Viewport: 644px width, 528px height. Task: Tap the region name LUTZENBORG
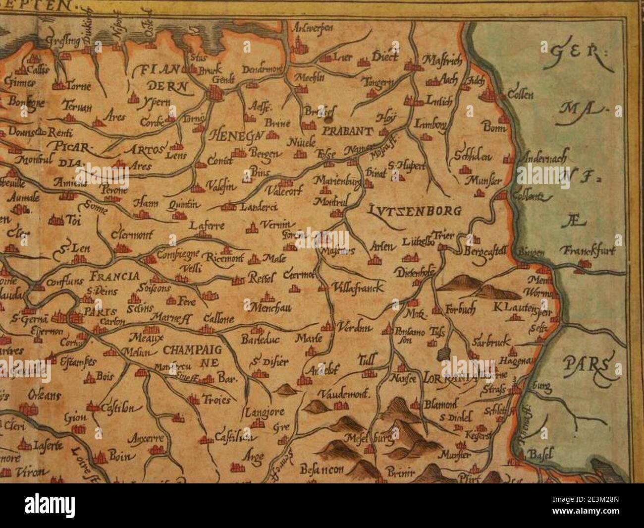[x=416, y=211]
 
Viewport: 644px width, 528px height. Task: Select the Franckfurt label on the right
[x=588, y=251]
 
